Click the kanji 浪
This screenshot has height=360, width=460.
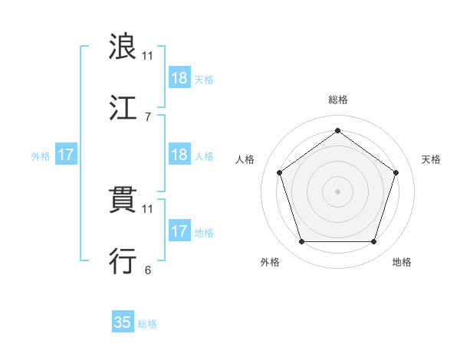123,47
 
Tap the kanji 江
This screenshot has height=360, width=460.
123,108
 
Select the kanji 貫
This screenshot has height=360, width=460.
123,200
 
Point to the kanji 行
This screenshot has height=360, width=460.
123,261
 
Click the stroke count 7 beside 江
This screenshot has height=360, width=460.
147,117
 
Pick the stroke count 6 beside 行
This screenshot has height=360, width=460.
147,270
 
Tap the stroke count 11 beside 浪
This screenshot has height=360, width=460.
147,56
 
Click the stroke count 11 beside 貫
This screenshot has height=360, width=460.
147,208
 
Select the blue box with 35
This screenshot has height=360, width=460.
123,322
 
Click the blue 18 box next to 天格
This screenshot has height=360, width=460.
179,78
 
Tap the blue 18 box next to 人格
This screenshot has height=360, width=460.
179,155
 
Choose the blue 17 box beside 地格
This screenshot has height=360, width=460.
179,231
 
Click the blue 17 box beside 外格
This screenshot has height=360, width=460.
66,155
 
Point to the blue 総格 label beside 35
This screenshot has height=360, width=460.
147,324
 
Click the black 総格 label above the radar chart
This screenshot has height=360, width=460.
337,100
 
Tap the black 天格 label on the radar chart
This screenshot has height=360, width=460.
431,159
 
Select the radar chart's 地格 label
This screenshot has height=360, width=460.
402,262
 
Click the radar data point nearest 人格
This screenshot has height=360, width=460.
280,172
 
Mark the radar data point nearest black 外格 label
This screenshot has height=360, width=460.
301,242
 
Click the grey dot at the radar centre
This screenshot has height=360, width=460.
337,191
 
